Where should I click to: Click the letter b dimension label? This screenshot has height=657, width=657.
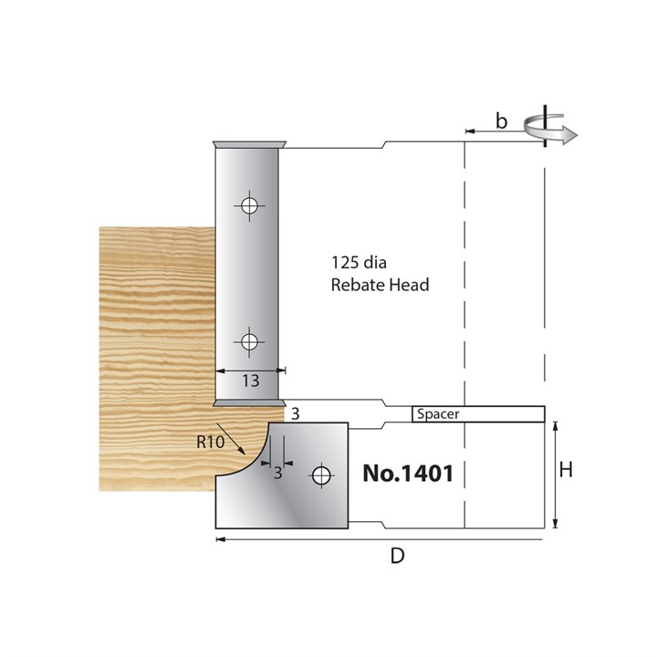501,120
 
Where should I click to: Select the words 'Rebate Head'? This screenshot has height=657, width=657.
380,285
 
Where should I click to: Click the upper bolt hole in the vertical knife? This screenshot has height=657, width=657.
247,204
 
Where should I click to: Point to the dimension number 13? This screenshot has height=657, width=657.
250,381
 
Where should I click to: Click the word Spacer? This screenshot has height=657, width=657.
438,413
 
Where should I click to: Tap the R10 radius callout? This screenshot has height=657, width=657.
210,440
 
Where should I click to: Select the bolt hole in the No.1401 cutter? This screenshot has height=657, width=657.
320,474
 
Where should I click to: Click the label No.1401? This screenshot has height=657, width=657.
408,474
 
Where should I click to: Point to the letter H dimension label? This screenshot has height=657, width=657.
566,470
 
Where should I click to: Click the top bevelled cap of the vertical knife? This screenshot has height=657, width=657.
247,144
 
